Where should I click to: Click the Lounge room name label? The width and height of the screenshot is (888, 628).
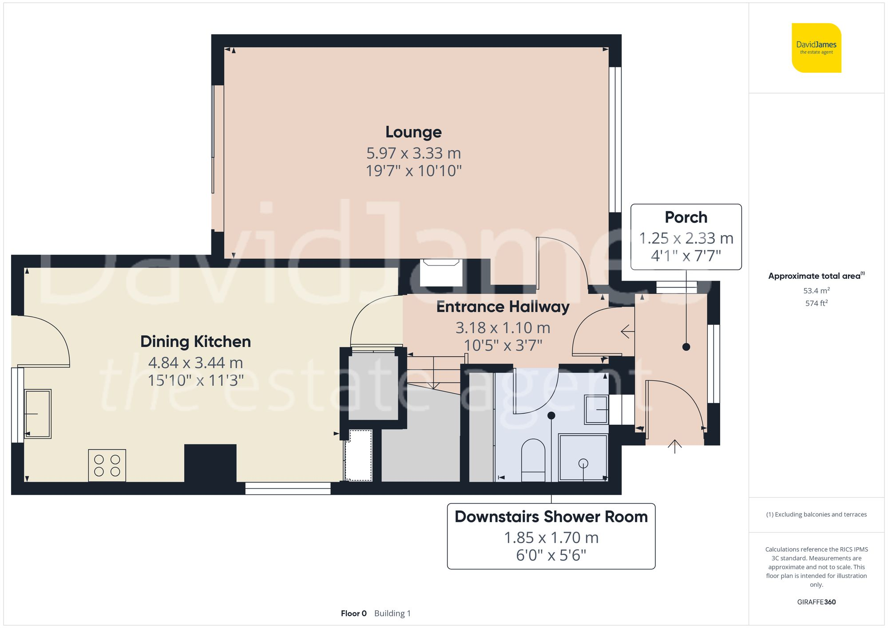click(x=413, y=132)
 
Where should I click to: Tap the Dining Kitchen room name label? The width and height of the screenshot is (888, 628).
click(x=195, y=342)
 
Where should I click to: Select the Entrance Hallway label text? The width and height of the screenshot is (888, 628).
click(x=503, y=307)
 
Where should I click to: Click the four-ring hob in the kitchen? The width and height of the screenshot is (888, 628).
click(x=107, y=466)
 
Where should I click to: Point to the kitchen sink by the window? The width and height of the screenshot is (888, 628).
click(x=38, y=414)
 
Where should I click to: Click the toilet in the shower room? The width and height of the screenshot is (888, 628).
click(x=533, y=459)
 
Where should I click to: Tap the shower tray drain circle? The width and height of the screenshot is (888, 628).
click(x=583, y=463)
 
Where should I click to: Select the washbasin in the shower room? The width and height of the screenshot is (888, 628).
click(x=596, y=409)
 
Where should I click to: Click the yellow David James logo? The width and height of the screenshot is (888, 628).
click(x=816, y=48)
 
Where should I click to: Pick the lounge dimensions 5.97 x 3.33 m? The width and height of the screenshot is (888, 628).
click(x=413, y=154)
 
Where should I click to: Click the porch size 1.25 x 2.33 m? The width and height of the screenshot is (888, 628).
click(x=686, y=238)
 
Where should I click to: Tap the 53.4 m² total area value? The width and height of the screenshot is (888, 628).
click(x=816, y=291)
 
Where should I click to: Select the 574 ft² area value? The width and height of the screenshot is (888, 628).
click(x=816, y=303)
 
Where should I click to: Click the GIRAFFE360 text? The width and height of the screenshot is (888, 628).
click(x=816, y=602)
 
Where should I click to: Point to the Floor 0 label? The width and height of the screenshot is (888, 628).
click(x=353, y=613)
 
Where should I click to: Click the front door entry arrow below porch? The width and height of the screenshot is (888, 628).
click(x=674, y=446)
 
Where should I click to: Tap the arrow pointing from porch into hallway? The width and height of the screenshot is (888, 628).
click(x=627, y=331)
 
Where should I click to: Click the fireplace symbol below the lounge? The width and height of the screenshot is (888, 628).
click(x=441, y=273)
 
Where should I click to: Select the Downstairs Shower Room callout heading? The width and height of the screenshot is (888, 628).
click(x=551, y=517)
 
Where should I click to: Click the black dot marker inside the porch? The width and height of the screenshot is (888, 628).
click(x=686, y=347)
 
